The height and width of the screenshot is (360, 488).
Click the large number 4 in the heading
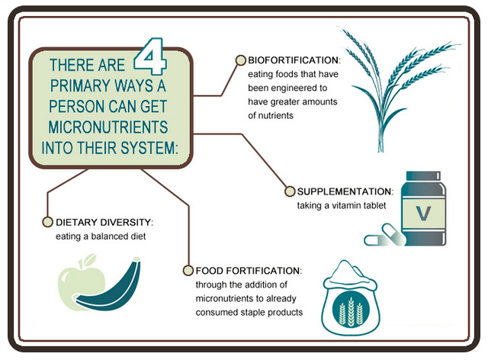[x=150, y=56]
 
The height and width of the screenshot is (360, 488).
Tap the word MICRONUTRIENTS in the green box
[x=108, y=127]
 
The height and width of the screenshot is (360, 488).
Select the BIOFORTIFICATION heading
[x=294, y=60]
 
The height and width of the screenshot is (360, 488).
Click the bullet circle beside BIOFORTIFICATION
[x=241, y=60]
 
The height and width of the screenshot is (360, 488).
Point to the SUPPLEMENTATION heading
[x=345, y=191]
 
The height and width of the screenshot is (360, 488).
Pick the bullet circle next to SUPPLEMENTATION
[x=290, y=191]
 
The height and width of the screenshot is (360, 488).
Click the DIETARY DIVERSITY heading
[x=104, y=223]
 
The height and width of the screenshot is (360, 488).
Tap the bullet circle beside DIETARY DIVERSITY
[x=47, y=222]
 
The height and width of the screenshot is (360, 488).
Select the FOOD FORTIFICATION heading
[x=249, y=271]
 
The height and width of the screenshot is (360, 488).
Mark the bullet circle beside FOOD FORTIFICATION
[x=188, y=270]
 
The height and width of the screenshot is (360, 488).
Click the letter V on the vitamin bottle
[x=424, y=214]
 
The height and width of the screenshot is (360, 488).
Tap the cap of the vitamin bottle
[x=423, y=175]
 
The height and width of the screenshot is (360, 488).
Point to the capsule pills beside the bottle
[x=385, y=235]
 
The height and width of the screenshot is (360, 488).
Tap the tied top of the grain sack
[x=349, y=274]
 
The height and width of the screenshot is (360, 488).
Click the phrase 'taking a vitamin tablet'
[x=342, y=205]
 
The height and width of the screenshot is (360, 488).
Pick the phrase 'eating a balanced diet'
[x=101, y=236]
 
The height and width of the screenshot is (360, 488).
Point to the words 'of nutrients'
[x=271, y=115]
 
